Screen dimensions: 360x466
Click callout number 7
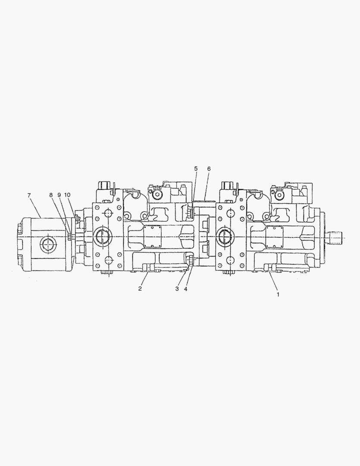coord(29,195)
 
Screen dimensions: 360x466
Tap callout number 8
coord(51,195)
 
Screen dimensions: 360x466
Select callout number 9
coord(59,195)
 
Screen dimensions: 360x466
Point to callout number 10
coord(67,195)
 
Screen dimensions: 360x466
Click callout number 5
coord(196,169)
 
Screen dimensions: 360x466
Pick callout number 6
coord(209,169)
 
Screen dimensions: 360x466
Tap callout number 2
coord(140,289)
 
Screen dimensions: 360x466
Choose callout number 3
coord(177,289)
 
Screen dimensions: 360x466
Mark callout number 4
coord(186,289)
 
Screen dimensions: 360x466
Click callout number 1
coord(278,295)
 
